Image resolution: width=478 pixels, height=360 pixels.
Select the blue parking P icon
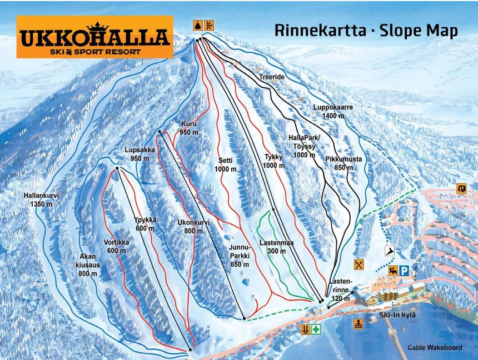(404, 271)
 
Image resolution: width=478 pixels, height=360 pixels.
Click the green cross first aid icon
(316, 329)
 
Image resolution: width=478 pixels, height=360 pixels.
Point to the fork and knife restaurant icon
(359, 264)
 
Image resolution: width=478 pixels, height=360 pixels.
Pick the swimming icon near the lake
(359, 324)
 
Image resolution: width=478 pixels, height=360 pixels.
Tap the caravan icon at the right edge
(461, 188)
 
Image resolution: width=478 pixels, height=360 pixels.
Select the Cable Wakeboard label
(434, 348)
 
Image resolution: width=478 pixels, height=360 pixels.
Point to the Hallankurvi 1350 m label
(41, 199)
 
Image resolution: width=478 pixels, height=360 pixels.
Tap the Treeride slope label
(272, 77)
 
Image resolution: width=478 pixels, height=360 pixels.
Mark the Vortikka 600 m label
(116, 246)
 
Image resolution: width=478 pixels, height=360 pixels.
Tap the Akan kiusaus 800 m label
(88, 265)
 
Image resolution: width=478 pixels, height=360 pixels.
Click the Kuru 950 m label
(189, 128)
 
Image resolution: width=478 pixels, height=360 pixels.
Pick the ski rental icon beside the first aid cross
(305, 329)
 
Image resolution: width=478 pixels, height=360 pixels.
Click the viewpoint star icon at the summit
(198, 25)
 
